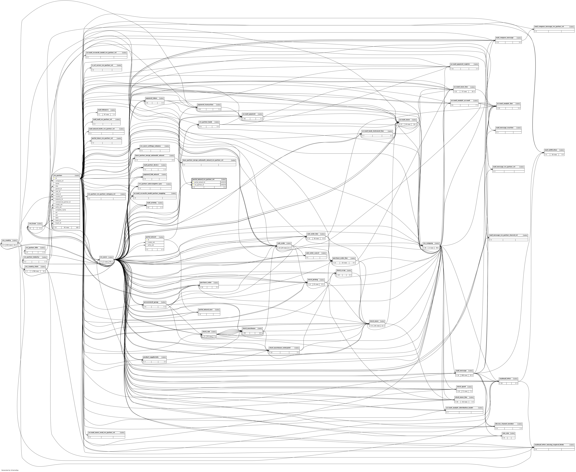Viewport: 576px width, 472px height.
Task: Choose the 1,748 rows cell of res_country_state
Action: pyautogui.click(x=35, y=271)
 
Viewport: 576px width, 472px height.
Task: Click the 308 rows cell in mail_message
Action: pyautogui.click(x=464, y=375)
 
